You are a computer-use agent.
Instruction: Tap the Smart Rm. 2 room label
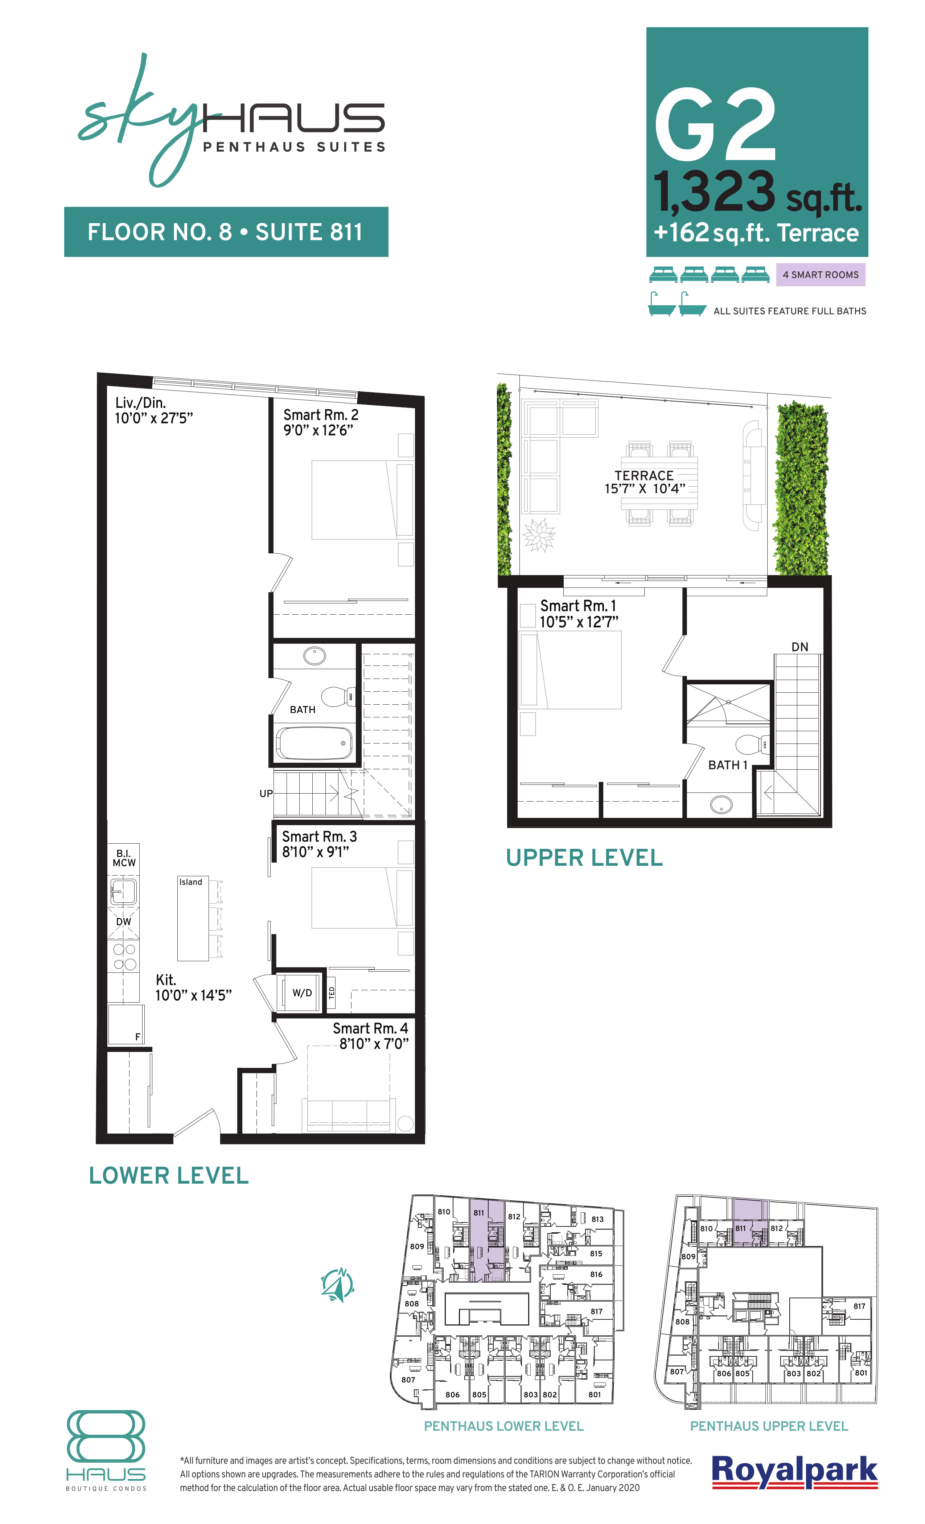tap(320, 414)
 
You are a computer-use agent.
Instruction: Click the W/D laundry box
tap(302, 993)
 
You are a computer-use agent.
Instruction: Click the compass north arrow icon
tap(338, 1285)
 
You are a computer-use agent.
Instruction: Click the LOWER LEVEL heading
tap(169, 1175)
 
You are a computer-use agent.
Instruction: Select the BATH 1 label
tap(727, 765)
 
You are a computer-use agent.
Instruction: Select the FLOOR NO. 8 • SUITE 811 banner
tap(226, 232)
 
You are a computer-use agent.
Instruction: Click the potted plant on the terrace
tap(539, 534)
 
